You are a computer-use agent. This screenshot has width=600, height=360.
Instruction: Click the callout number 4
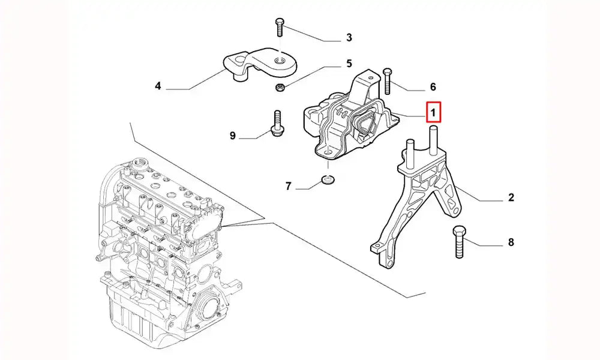coord(158,86)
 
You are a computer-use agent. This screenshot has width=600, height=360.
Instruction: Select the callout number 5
coord(349,63)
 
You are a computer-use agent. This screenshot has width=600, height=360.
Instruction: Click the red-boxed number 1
coord(433,112)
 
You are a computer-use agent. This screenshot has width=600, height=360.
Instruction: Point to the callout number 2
coord(511,197)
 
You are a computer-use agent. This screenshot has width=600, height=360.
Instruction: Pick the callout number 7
coord(288,187)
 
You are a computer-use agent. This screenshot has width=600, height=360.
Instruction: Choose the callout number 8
coord(511,243)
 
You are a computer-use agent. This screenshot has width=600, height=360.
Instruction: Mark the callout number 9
coord(233,136)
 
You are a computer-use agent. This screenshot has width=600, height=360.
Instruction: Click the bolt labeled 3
coord(279,26)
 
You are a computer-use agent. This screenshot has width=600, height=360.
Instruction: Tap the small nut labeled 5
coord(280,89)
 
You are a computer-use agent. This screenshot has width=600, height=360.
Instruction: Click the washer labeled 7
coord(328,179)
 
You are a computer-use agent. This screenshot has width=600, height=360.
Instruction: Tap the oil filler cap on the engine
coord(142,163)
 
